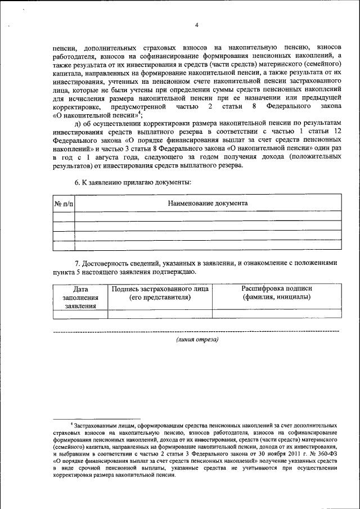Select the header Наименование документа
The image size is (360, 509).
[x=208, y=203]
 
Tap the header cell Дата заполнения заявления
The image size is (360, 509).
[x=80, y=298]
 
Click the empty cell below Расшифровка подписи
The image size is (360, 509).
[x=276, y=314]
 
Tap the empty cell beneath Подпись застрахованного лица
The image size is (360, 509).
[x=160, y=314]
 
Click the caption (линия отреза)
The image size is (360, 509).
[x=197, y=339]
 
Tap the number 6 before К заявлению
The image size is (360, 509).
[x=77, y=183]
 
